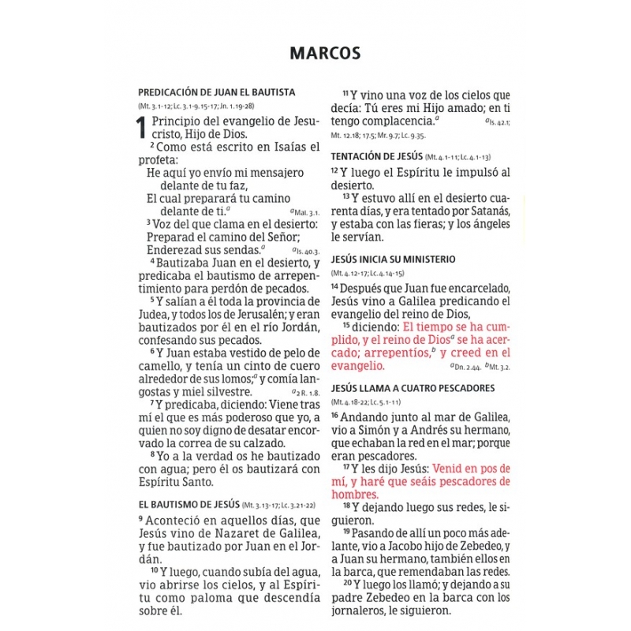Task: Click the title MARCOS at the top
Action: tap(325, 53)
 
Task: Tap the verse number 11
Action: tap(345, 92)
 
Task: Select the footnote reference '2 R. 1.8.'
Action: tap(305, 392)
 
